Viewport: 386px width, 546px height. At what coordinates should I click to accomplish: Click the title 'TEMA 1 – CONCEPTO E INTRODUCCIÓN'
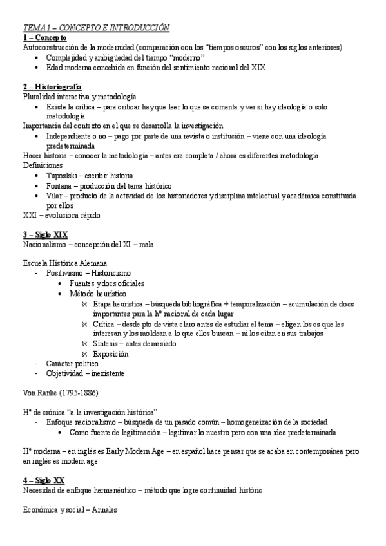96,28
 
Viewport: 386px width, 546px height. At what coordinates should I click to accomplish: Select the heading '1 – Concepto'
44,37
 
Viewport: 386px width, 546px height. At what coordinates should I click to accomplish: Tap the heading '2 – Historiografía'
52,86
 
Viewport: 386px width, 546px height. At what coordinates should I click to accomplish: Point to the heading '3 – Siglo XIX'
45,234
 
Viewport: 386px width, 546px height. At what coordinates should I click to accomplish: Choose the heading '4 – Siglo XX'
44,480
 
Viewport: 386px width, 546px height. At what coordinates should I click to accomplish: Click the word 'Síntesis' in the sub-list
107,344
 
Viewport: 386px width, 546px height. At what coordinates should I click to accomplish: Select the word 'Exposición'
111,353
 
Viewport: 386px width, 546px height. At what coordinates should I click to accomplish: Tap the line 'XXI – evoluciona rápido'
61,214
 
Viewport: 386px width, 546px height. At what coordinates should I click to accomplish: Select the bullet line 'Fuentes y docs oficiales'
107,283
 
